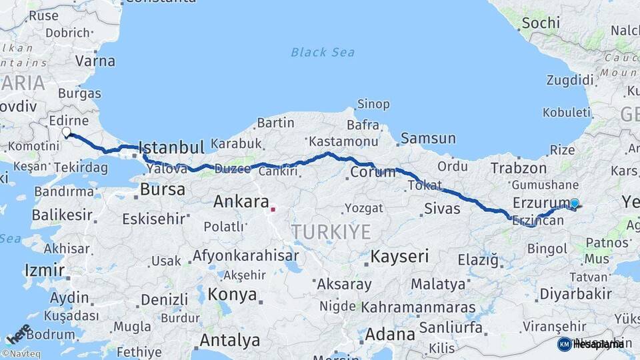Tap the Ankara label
pyautogui.click(x=241, y=202)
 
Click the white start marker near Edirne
pyautogui.click(x=67, y=132)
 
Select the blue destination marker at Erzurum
pyautogui.click(x=574, y=203)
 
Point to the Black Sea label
pyautogui.click(x=323, y=52)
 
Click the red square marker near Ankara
pyautogui.click(x=273, y=209)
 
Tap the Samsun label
pyautogui.click(x=428, y=139)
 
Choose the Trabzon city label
pyautogui.click(x=519, y=168)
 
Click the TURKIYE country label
pyautogui.click(x=330, y=232)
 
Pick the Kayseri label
pyautogui.click(x=399, y=256)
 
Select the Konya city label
pyautogui.click(x=232, y=294)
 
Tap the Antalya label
pyautogui.click(x=229, y=341)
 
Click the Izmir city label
pyautogui.click(x=44, y=270)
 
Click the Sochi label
pyautogui.click(x=541, y=23)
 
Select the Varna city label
pyautogui.click(x=95, y=61)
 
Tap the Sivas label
pyautogui.click(x=442, y=209)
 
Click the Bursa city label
pyautogui.click(x=163, y=189)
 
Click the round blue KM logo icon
pyautogui.click(x=564, y=344)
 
